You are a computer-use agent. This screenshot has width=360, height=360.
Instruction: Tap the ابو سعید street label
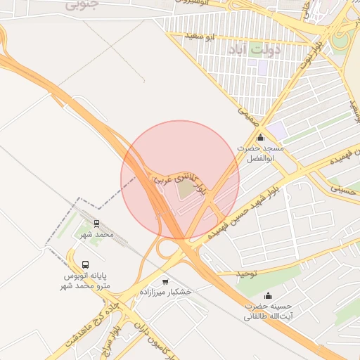[x=200, y=36]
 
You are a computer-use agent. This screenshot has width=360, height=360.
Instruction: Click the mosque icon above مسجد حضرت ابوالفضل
[x=261, y=136]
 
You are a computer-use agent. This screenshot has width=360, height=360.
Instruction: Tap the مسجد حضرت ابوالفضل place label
[x=261, y=153]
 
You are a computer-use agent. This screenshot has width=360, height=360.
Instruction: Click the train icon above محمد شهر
[x=96, y=224]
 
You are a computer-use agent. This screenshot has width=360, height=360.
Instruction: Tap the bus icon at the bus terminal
[x=85, y=265]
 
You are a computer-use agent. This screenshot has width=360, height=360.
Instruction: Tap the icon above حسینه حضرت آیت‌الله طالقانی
[x=267, y=295]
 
